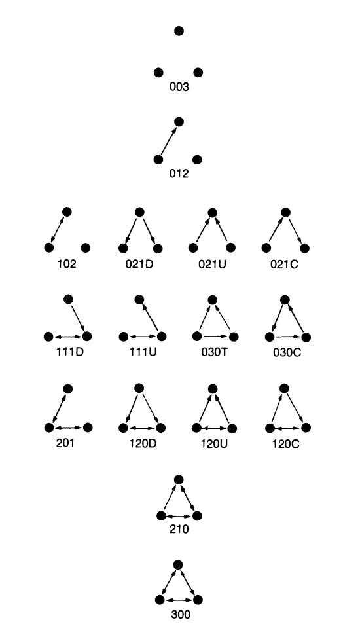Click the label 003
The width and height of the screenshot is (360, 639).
click(x=179, y=87)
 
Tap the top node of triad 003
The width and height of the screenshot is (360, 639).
click(x=179, y=31)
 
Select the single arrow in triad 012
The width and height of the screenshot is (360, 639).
click(x=169, y=141)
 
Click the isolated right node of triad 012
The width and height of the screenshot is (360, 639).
click(x=197, y=159)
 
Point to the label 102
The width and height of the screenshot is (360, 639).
click(x=67, y=264)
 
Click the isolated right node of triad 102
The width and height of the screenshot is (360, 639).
click(x=86, y=247)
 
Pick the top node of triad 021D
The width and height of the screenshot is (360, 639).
click(x=139, y=212)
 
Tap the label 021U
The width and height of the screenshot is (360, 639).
click(x=212, y=264)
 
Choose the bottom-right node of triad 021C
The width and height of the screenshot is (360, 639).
click(x=304, y=247)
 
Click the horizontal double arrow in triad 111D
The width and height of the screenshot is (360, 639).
click(x=67, y=337)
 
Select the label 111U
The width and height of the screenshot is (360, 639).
click(x=143, y=352)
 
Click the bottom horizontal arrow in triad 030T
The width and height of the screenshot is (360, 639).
click(x=215, y=337)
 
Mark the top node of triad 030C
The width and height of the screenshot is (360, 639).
click(x=285, y=300)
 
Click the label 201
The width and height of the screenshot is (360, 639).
click(x=65, y=443)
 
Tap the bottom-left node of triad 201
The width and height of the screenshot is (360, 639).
click(x=49, y=428)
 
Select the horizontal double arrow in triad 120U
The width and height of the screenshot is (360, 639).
click(x=215, y=428)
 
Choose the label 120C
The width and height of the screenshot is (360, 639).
click(x=286, y=443)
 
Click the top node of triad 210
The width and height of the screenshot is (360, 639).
click(x=179, y=479)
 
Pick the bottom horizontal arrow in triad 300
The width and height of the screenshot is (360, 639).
click(x=179, y=600)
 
